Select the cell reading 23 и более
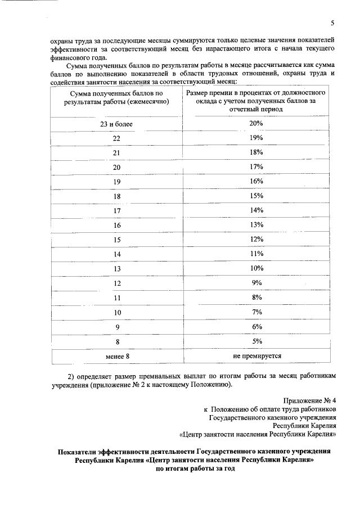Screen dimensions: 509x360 point(117,124)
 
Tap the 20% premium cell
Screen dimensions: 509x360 point(257,124)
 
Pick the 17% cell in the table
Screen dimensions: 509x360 point(257,167)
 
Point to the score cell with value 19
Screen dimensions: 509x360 point(117,182)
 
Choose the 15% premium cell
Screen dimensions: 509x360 point(257,196)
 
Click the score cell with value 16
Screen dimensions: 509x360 point(117,225)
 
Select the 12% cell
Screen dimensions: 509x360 point(257,240)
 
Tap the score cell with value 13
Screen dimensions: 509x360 point(117,269)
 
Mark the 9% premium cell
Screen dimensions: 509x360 point(257,283)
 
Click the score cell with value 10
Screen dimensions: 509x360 point(117,312)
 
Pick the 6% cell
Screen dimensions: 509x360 point(257,327)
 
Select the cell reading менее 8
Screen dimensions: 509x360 point(117,356)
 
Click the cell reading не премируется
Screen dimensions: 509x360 point(257,356)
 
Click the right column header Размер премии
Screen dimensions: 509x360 point(257,101)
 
